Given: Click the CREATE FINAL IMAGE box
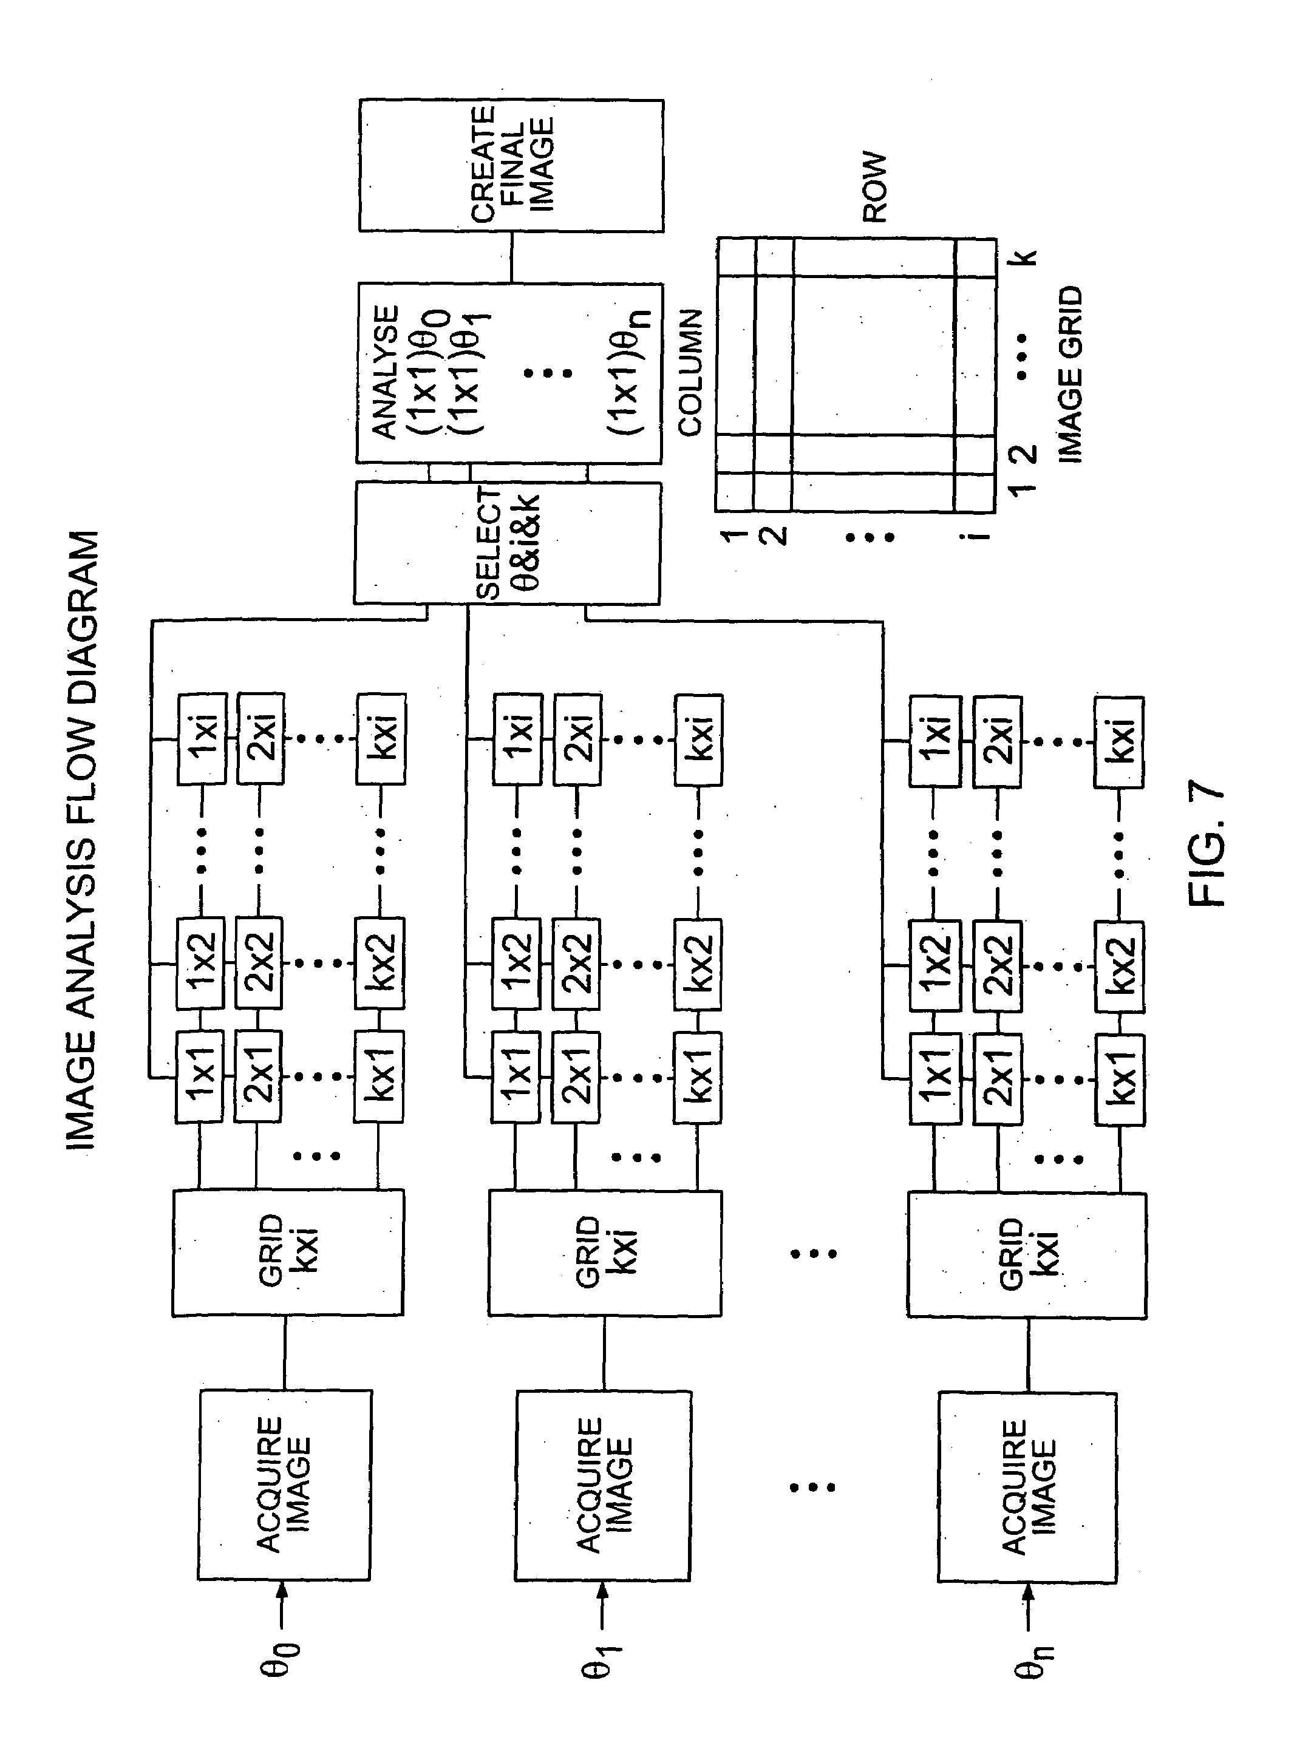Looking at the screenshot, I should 511,165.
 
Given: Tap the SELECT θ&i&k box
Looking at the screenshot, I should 506,543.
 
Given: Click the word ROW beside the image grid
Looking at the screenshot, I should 874,188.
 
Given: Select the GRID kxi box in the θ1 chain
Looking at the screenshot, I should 605,1253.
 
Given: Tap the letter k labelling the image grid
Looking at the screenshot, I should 1024,257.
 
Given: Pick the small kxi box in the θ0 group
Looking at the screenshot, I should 381,738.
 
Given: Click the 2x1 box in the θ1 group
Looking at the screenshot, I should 576,1076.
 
